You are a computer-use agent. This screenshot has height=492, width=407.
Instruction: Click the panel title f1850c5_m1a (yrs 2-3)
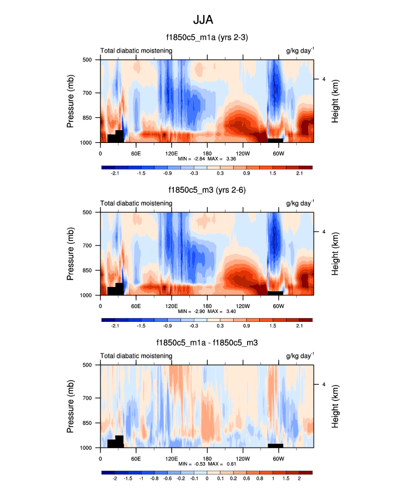click(x=207, y=38)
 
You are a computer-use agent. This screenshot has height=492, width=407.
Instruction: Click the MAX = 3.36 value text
click(x=220, y=158)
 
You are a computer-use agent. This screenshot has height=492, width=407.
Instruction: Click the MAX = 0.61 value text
click(x=220, y=464)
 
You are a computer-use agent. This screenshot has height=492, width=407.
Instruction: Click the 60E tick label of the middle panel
click(x=135, y=305)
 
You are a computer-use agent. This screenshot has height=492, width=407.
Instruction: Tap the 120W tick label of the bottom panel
click(x=242, y=458)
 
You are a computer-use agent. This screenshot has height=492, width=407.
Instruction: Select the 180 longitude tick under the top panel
click(x=207, y=153)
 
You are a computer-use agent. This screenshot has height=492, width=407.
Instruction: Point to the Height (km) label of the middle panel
click(x=335, y=254)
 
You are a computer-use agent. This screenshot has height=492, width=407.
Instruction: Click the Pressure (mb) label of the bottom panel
click(x=71, y=406)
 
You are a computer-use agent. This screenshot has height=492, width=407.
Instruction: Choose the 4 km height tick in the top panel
click(x=323, y=79)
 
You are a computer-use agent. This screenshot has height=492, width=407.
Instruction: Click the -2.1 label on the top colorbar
click(x=115, y=173)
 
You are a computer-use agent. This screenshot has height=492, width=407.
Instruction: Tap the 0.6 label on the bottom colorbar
click(x=259, y=478)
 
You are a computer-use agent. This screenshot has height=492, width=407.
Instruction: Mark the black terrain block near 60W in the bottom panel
click(x=275, y=445)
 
